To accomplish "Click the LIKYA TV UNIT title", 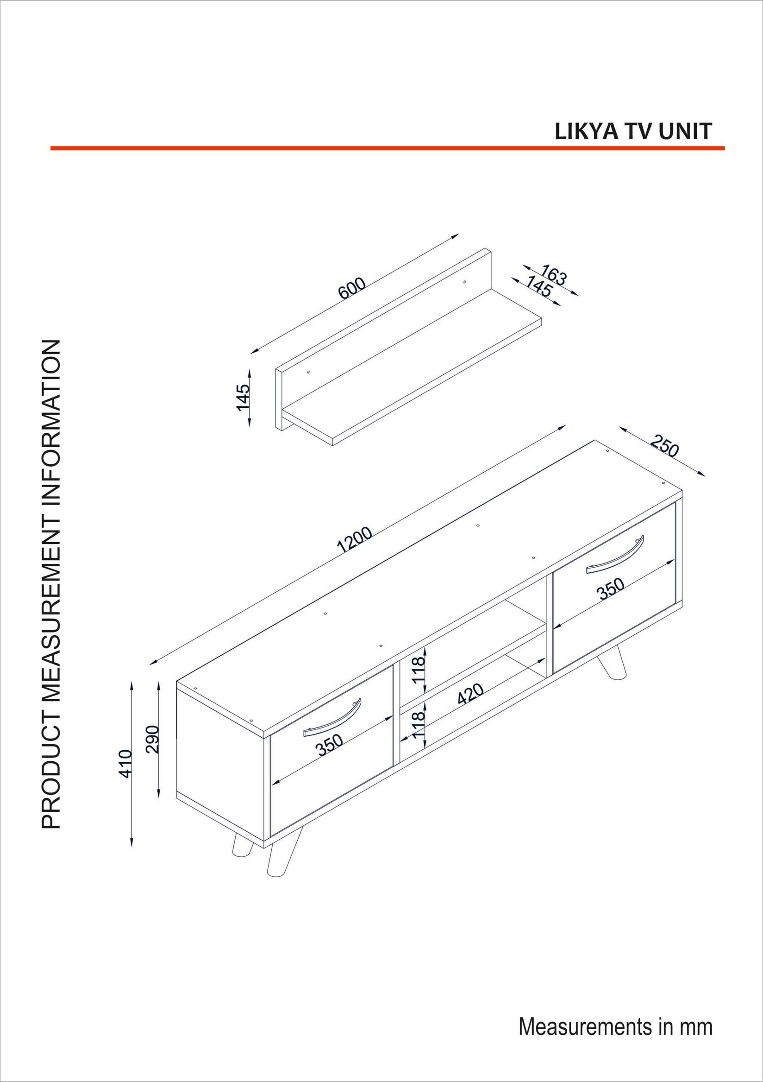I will point(633,132).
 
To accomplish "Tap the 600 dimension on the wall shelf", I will point(352,289).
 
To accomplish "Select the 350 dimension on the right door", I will point(611,588).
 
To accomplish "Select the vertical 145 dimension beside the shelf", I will point(243,397).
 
